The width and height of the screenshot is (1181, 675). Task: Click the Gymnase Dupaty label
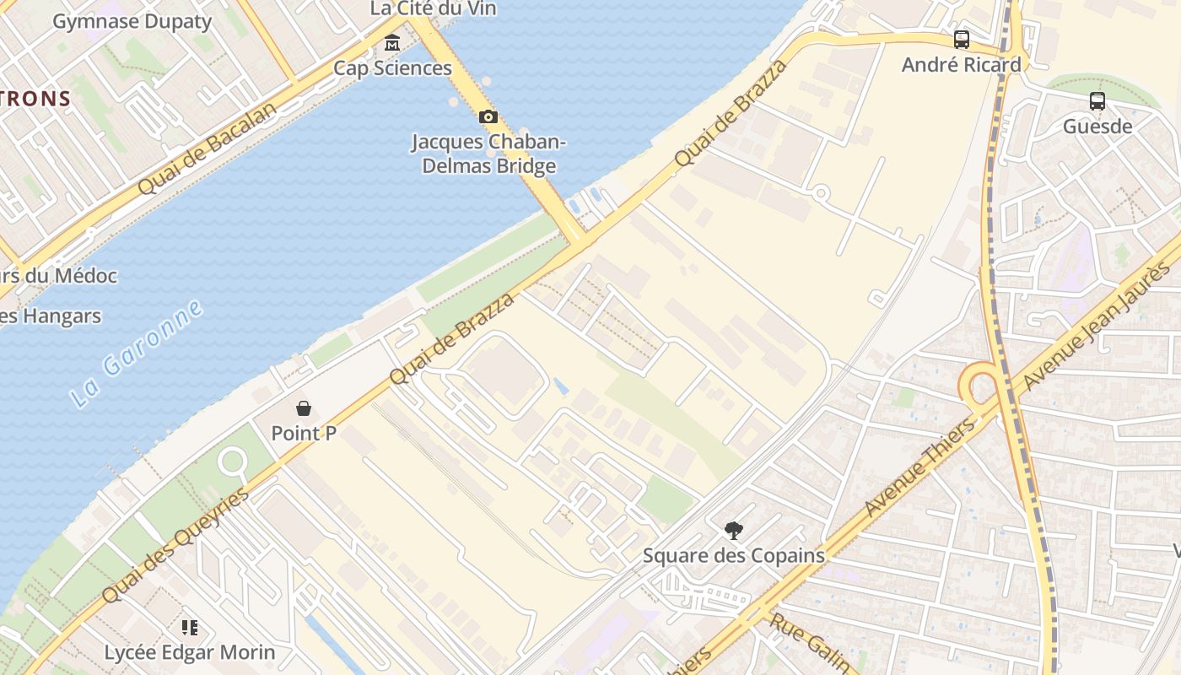point(132,21)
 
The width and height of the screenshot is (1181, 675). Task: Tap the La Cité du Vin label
point(434,9)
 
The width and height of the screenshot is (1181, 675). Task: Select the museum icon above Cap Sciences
point(392,42)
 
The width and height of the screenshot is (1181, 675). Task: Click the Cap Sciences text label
point(392,68)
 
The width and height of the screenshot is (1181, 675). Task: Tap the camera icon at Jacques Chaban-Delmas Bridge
point(488,116)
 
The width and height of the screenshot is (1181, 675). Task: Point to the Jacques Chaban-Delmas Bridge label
point(488,154)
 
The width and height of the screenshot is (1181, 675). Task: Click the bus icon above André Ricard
point(961,39)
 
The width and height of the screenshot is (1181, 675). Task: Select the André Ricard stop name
point(961,65)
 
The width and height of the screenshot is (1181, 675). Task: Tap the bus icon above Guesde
point(1097,101)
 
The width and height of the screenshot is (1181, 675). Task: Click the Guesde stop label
point(1097,127)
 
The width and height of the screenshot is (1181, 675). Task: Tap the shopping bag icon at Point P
point(304,408)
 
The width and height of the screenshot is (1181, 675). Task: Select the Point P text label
point(304,434)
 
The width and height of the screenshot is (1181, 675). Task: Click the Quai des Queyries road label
point(175,545)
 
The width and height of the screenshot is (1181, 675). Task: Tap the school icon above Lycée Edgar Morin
point(190,627)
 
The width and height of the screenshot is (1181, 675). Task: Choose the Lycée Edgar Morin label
point(190,652)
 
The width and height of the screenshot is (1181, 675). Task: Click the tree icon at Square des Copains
point(734,530)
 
